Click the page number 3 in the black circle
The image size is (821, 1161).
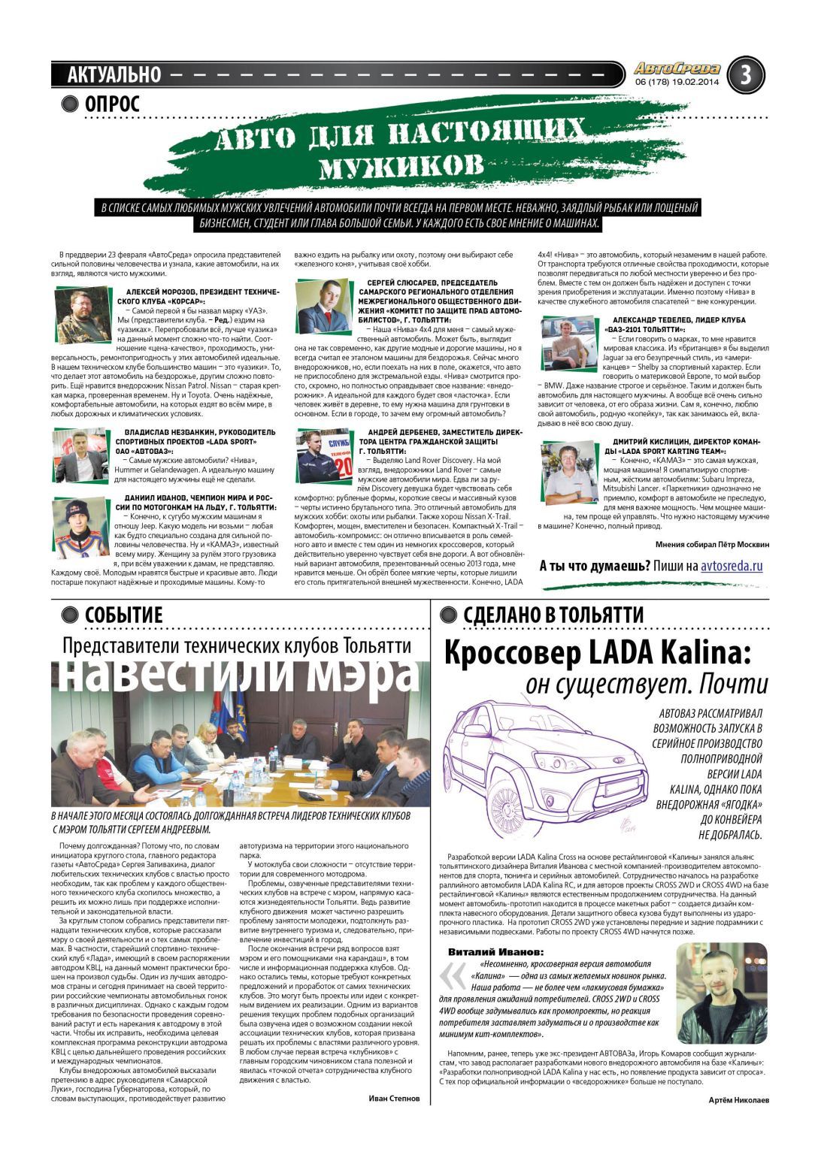tap(745, 74)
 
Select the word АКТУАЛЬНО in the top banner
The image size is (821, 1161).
tap(114, 74)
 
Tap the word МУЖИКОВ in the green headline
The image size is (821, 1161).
tap(401, 162)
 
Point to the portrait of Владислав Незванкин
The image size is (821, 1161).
tap(80, 455)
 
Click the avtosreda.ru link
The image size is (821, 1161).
tap(732, 566)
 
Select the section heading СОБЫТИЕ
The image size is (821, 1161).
tap(123, 615)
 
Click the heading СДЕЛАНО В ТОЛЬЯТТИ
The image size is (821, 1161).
tap(553, 615)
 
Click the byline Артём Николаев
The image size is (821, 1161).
tap(739, 1100)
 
